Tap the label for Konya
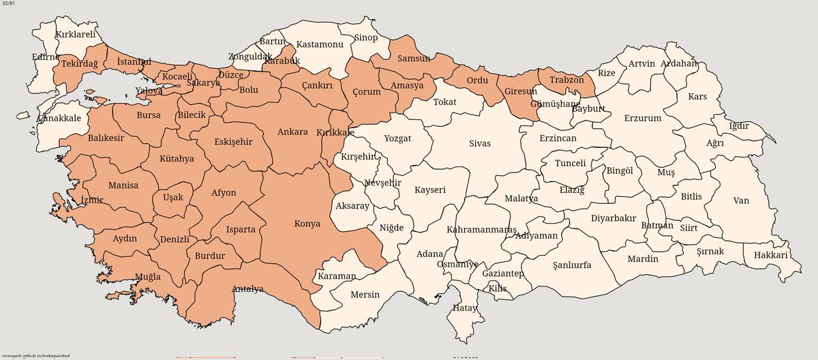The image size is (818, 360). click(307, 223)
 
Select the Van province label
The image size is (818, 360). click(741, 200)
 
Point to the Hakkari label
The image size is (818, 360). click(771, 255)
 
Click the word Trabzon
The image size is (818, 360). click(566, 80)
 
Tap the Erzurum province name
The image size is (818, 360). click(642, 118)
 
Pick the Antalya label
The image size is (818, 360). click(247, 288)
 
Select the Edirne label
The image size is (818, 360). click(46, 57)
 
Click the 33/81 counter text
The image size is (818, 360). click(10, 5)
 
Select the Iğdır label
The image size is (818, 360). click(739, 125)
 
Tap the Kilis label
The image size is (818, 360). click(498, 288)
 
